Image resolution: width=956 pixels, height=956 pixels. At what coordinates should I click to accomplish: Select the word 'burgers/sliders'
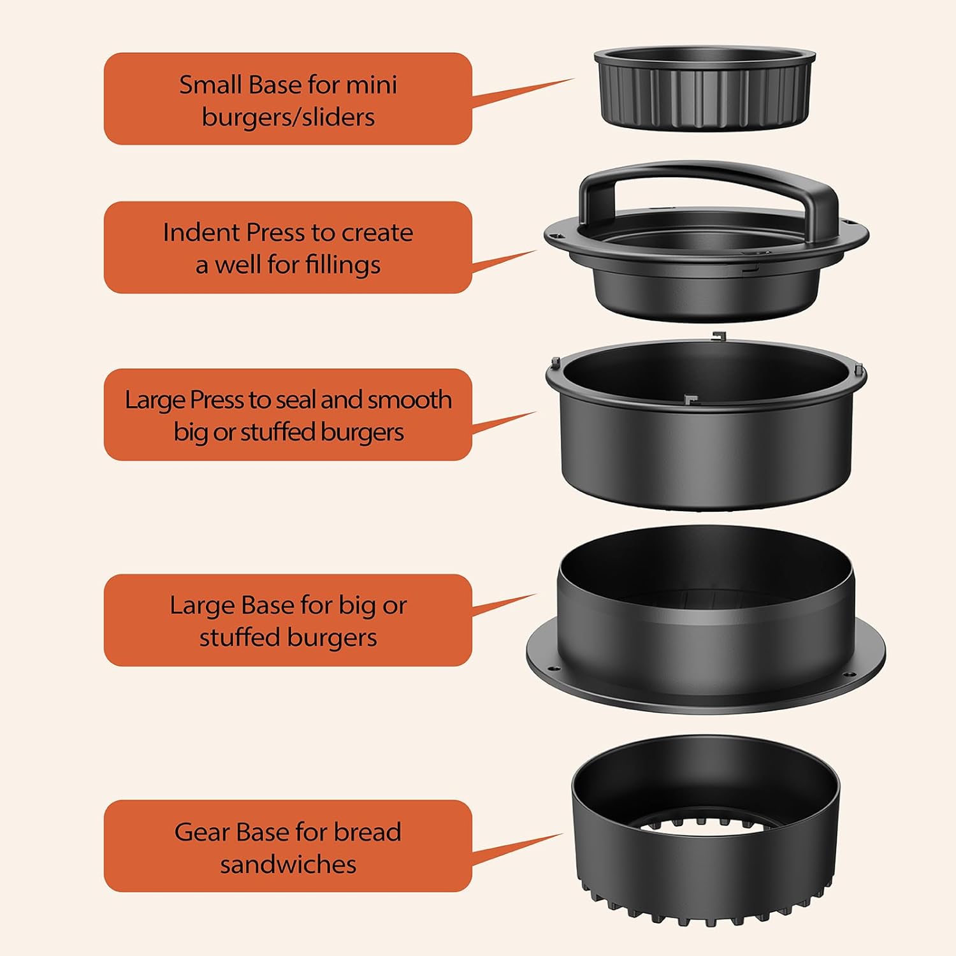(x=288, y=117)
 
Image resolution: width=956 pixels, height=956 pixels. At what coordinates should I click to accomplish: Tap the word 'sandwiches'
(x=288, y=864)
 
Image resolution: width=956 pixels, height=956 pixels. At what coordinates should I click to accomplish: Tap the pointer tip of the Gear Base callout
(x=563, y=834)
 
